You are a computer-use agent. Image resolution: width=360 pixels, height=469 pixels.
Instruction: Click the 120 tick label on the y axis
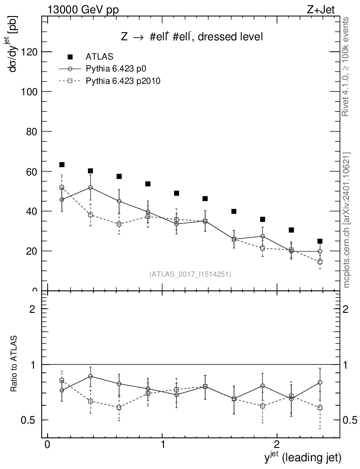click(x=31, y=52)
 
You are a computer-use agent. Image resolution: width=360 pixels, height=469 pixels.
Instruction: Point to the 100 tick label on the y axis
click(x=31, y=92)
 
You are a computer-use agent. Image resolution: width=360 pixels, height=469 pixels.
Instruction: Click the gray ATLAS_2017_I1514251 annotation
click(x=190, y=274)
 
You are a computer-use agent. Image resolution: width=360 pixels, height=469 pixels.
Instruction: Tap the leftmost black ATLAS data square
click(x=62, y=164)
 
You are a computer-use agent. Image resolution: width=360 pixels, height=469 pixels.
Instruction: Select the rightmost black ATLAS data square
click(x=320, y=241)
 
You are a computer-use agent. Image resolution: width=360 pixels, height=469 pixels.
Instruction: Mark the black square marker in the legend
click(x=70, y=57)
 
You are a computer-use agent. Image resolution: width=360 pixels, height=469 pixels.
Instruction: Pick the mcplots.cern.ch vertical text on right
click(x=347, y=220)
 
